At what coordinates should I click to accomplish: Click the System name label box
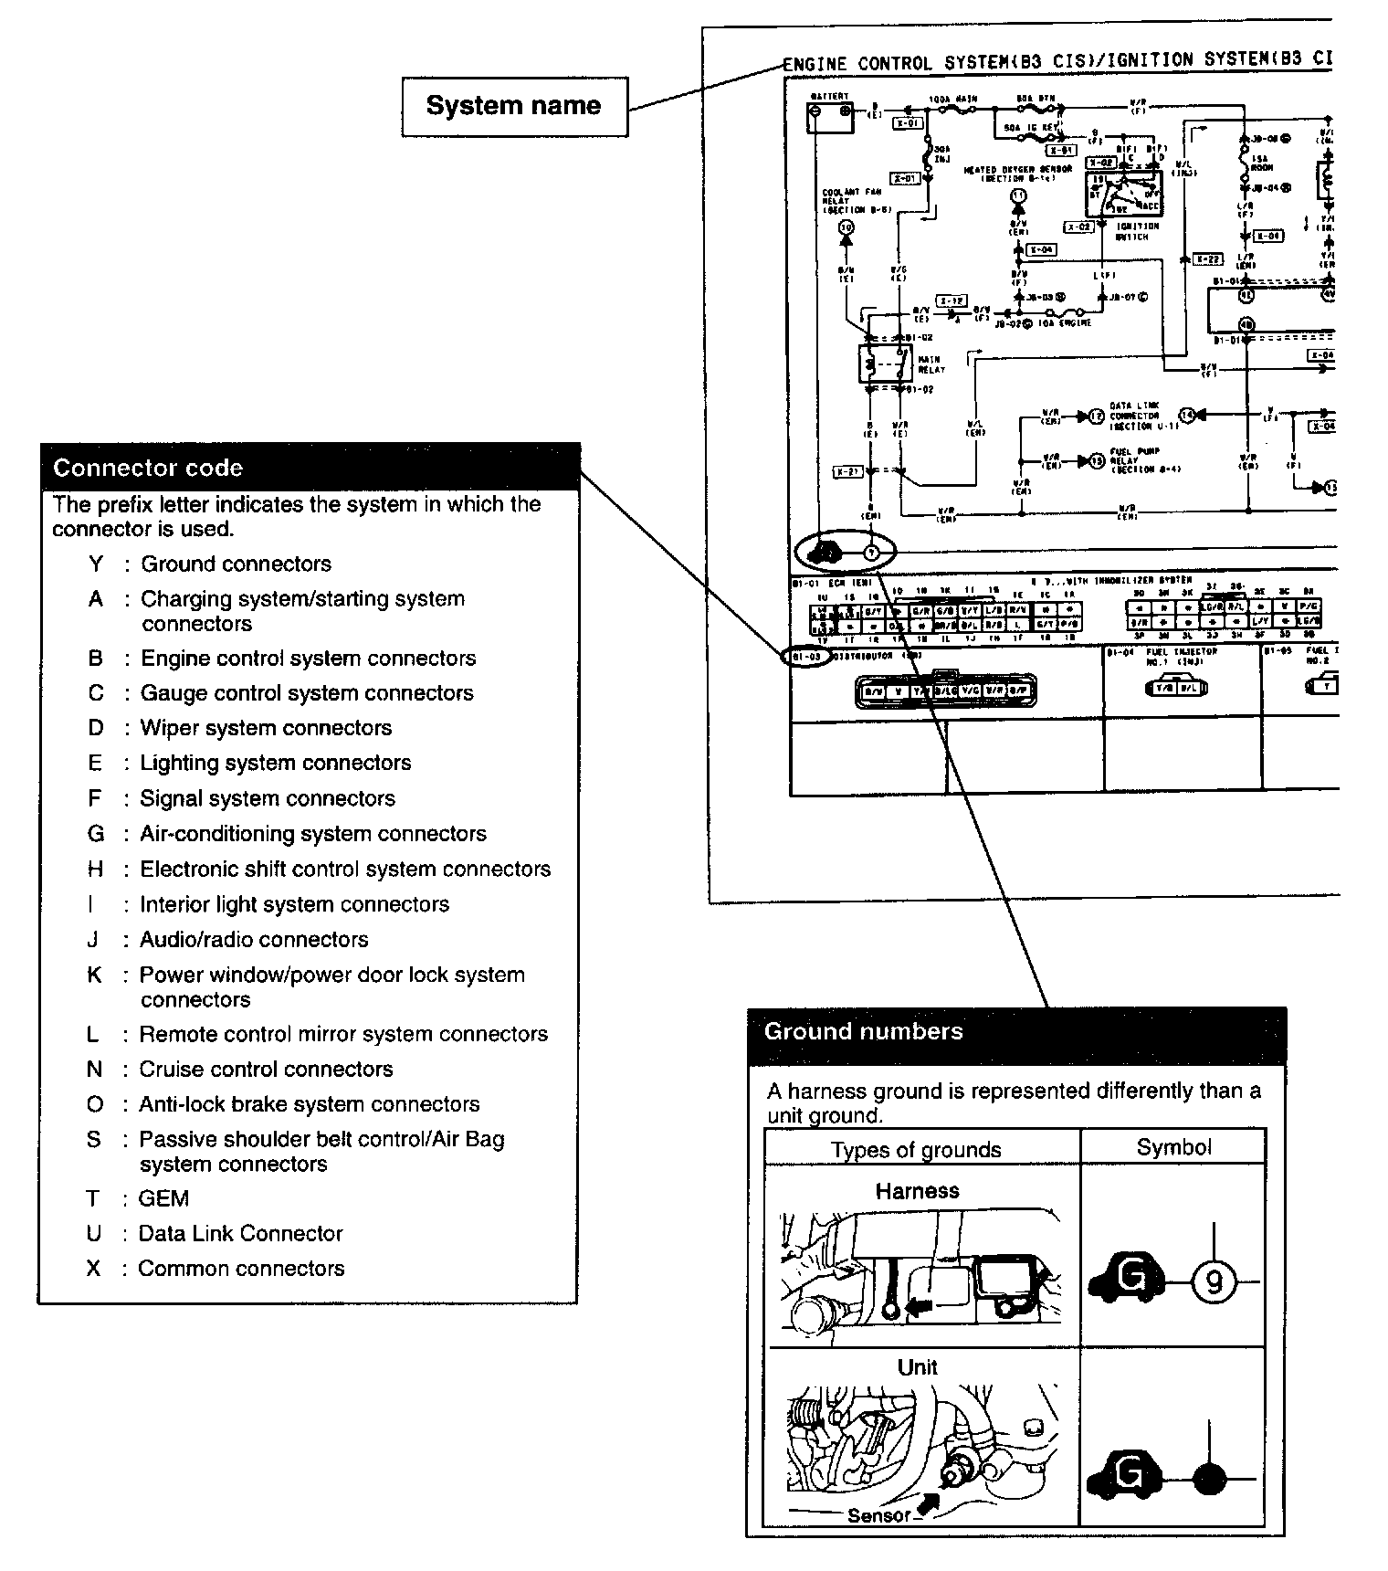514,106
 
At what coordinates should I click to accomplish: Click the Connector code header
148,468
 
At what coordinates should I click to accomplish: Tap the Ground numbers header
863,1032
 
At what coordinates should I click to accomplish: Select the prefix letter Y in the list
96,564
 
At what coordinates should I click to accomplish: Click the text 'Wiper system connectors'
266,728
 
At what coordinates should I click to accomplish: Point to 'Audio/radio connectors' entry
254,940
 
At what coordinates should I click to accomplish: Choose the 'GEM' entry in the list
163,1198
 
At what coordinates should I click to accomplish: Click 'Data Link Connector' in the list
240,1234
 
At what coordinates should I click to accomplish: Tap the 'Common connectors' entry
241,1269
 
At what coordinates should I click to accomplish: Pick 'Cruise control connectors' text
266,1070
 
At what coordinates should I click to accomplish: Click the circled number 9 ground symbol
1214,1282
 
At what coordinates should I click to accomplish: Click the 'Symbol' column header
1173,1148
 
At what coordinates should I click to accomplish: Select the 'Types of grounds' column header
916,1150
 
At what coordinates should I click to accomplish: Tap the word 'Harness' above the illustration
917,1191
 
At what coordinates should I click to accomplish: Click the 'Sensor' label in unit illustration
879,1516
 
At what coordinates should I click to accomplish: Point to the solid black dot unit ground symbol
1210,1478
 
